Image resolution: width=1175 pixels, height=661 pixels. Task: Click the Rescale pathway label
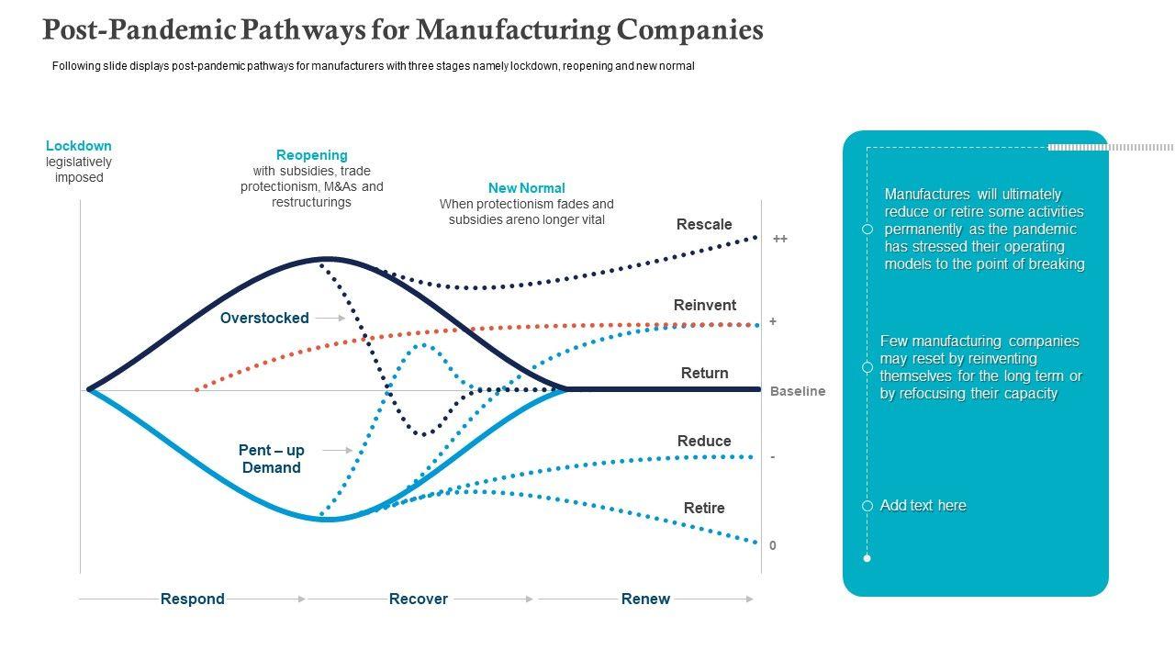click(x=704, y=224)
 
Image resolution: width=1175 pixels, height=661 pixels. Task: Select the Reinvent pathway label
click(x=704, y=305)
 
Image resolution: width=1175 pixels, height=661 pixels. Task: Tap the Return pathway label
click(x=704, y=373)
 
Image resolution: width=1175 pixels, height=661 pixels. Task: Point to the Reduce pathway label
click(x=704, y=441)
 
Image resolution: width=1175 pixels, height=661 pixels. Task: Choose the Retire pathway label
click(x=704, y=508)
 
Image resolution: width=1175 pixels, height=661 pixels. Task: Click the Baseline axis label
click(x=797, y=391)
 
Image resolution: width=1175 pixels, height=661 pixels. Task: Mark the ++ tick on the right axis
click(x=779, y=239)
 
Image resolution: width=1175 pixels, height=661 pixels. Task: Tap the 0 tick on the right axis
click(x=773, y=545)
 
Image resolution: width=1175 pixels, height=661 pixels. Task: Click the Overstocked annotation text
click(x=264, y=318)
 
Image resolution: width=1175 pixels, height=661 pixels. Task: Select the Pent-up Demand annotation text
click(x=271, y=459)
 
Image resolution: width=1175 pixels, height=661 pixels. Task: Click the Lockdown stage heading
click(x=79, y=145)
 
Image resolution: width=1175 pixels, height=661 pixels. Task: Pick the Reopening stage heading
click(x=312, y=155)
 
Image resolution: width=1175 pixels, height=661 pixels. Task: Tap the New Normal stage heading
click(x=526, y=188)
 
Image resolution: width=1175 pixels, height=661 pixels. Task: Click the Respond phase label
click(x=193, y=599)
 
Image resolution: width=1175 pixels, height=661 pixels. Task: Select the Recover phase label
click(x=419, y=599)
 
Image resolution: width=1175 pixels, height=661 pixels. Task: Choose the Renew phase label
click(x=645, y=599)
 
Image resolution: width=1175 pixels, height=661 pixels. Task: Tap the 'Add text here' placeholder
click(x=923, y=506)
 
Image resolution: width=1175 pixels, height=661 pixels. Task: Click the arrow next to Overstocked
click(x=330, y=318)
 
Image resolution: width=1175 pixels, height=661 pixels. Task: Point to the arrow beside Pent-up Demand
click(x=338, y=450)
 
